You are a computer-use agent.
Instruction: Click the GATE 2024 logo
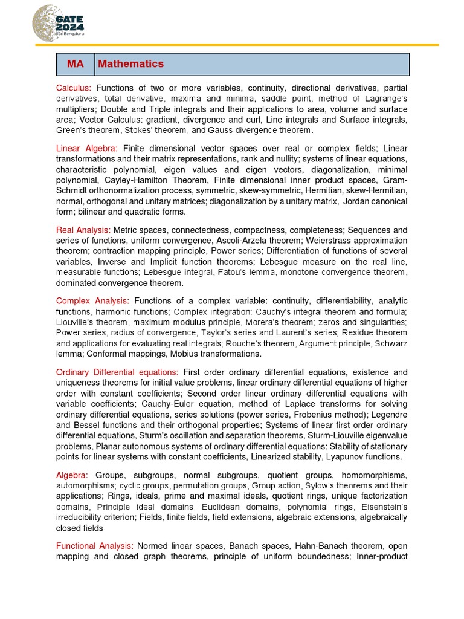59,22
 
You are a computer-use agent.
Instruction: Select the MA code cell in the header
76,64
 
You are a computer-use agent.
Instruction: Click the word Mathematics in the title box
130,64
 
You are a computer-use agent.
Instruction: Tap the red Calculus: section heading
74,88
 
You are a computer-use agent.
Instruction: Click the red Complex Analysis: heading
92,301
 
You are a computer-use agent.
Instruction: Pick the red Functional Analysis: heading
95,546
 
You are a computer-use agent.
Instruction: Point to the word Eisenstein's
385,507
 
